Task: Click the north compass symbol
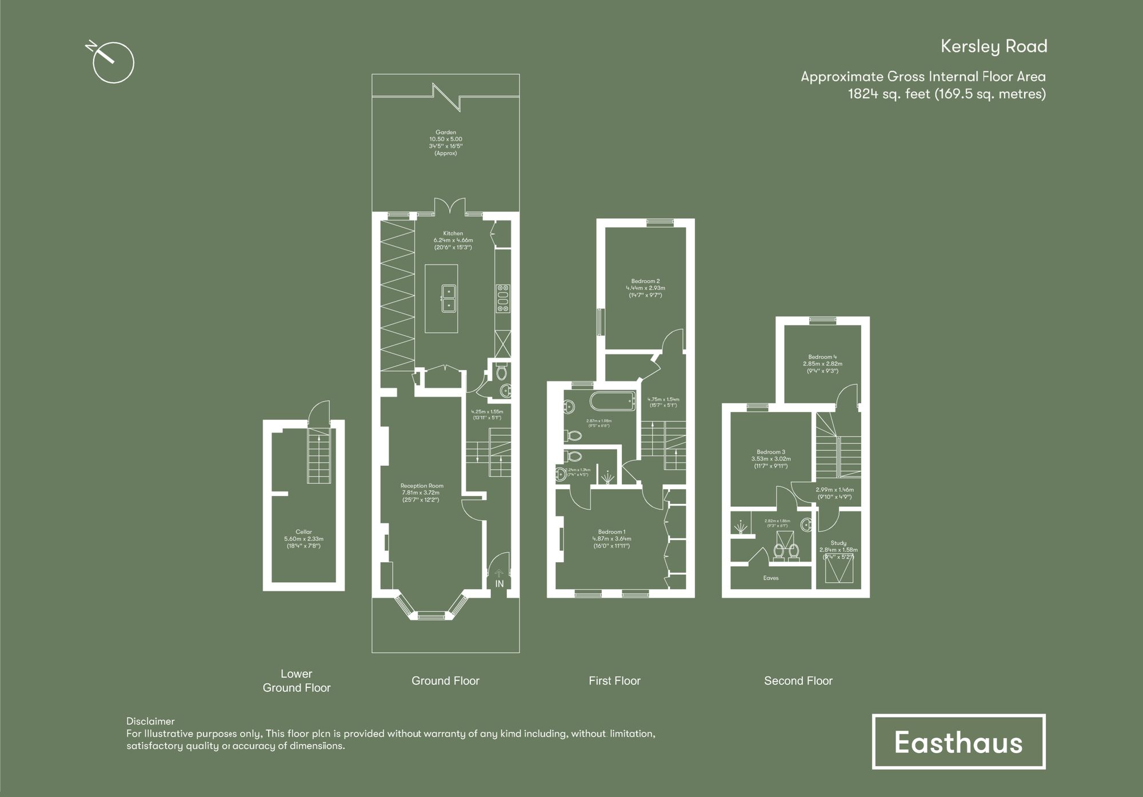pos(113,62)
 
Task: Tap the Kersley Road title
pos(993,46)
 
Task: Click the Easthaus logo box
pos(958,742)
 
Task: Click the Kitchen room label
pos(453,234)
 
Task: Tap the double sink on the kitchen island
pos(449,298)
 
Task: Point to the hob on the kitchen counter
pos(503,298)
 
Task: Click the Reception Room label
pos(422,486)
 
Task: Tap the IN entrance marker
pos(499,584)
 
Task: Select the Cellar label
pos(303,532)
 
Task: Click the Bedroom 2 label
pos(645,281)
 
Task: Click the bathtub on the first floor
pos(613,401)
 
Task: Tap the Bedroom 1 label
pos(612,532)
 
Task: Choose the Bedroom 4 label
pos(822,357)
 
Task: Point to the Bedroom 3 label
pos(771,452)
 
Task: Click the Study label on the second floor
pos(838,543)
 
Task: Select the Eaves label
pos(771,578)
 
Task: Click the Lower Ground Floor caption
pos(297,680)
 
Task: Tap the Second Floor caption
pos(798,680)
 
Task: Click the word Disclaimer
pos(150,721)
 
